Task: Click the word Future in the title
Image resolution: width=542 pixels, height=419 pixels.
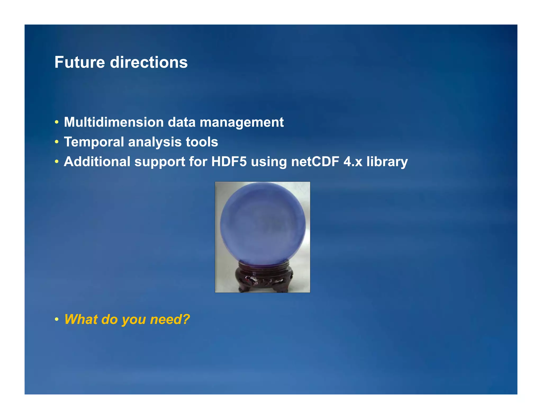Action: click(x=80, y=63)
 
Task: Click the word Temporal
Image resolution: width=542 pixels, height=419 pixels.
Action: click(x=94, y=142)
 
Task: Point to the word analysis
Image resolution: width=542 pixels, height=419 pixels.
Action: click(x=155, y=142)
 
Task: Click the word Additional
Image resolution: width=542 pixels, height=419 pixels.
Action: click(x=97, y=162)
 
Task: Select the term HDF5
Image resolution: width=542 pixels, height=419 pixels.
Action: click(x=229, y=162)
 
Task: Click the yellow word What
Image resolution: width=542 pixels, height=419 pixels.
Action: click(x=81, y=319)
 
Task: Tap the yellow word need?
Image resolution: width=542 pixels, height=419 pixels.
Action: click(x=170, y=319)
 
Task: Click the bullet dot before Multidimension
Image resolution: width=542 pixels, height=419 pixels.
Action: click(x=56, y=123)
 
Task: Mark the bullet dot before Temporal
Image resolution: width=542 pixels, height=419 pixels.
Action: click(x=56, y=142)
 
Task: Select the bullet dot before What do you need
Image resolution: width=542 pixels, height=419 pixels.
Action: click(x=56, y=320)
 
